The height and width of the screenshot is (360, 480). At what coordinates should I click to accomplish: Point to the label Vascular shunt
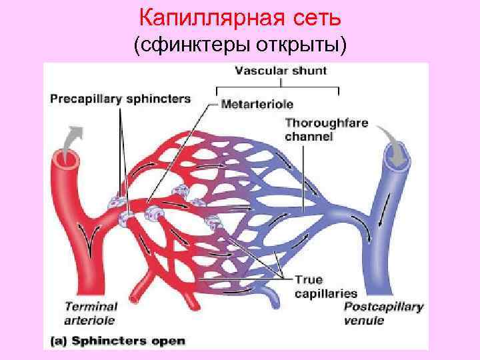coord(281,71)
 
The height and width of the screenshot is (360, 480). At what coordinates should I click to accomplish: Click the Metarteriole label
coord(257,104)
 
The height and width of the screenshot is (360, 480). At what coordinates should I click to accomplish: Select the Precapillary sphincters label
coord(121,99)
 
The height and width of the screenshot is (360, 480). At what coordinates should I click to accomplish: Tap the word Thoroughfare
coord(326,123)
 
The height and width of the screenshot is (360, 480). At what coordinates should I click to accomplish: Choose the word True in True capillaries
coord(309,281)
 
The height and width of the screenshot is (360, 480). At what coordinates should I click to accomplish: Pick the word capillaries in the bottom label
coord(326,293)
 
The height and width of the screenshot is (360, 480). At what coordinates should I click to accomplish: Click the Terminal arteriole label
coord(91,313)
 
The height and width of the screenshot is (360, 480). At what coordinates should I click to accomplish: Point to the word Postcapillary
coord(383,307)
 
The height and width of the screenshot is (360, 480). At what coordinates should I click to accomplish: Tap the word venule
coord(364,320)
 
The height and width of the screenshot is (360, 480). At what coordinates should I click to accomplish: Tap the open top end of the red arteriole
coord(65,159)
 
